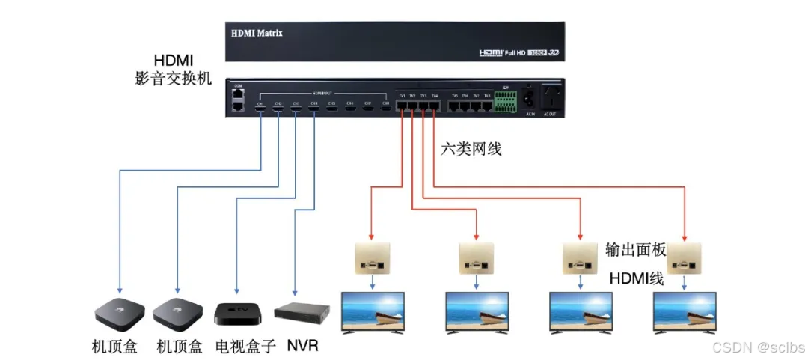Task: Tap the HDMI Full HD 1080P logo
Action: pos(518,53)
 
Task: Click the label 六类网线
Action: pos(471,150)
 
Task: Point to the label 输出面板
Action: pos(636,250)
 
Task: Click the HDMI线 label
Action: pos(636,278)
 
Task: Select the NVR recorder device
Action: pos(302,312)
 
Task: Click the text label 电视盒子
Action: pos(245,347)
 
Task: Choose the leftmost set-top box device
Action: pos(117,312)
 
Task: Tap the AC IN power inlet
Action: pos(529,98)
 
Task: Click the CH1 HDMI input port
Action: pos(260,110)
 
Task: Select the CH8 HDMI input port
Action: pos(386,110)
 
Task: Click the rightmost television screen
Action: pos(685,310)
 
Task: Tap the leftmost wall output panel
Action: pos(372,259)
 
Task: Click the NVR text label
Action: pos(303,347)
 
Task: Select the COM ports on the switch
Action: pos(238,101)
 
